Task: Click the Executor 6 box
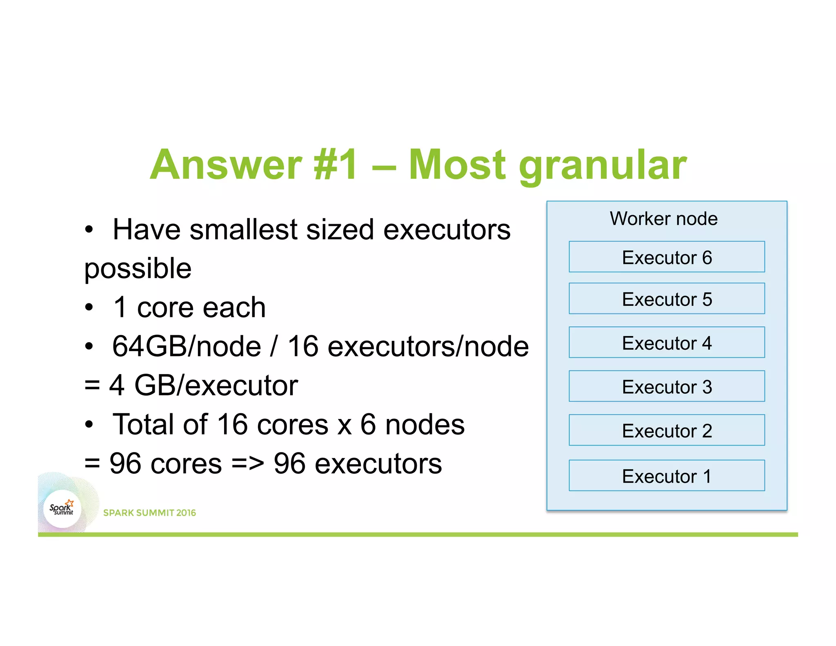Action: point(666,257)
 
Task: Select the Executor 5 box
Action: point(666,298)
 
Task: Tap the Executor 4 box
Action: point(666,342)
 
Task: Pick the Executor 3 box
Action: point(666,386)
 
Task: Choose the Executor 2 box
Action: point(666,430)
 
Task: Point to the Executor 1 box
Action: point(666,476)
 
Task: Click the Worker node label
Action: point(663,218)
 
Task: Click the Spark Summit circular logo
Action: point(62,509)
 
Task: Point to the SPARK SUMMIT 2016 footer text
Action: point(149,513)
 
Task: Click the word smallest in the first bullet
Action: point(243,229)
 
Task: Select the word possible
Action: point(138,269)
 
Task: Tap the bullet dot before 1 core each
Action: point(89,307)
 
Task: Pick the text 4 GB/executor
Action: point(203,385)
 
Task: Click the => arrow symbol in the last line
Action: point(247,463)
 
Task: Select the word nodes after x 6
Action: point(425,425)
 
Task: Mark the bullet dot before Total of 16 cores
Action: point(89,425)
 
